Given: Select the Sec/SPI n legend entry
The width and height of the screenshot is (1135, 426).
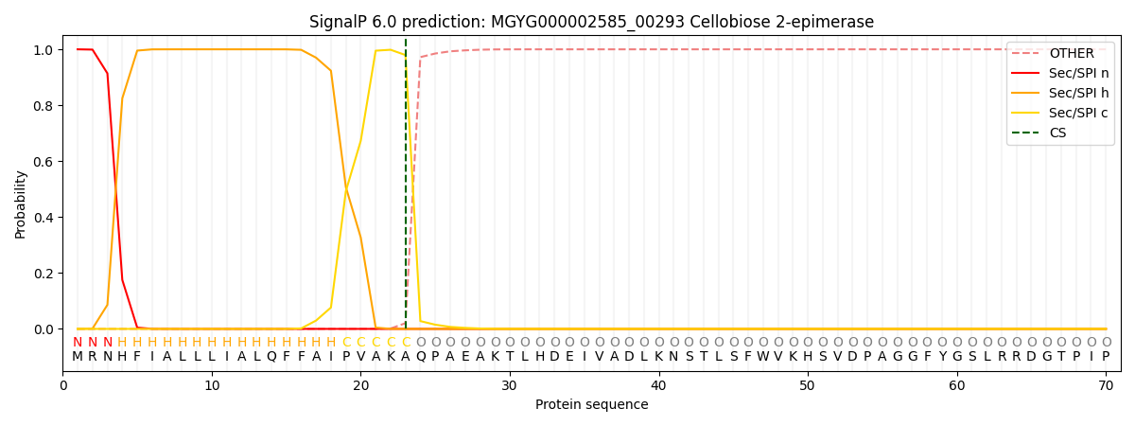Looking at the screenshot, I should point(1078,74).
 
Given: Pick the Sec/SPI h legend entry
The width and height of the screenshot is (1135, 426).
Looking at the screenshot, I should point(1078,94).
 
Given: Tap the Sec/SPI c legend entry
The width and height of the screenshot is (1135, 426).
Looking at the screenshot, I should point(1078,114).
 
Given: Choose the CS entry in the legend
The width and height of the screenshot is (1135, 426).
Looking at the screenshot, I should point(1057,133).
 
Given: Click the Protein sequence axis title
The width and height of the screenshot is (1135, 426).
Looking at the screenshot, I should point(591,404).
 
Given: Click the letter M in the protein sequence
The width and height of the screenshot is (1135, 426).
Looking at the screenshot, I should point(78,357).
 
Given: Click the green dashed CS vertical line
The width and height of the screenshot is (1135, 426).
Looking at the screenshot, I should point(406,189).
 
